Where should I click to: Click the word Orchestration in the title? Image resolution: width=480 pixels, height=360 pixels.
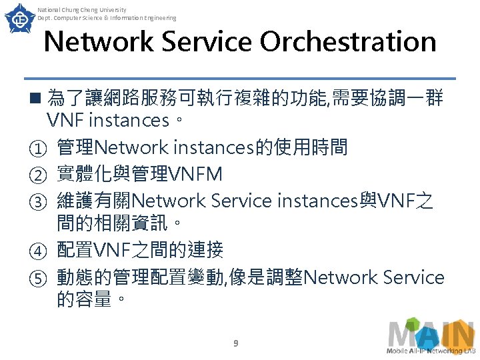(x=348, y=42)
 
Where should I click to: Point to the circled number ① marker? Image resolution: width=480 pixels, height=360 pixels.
(x=35, y=147)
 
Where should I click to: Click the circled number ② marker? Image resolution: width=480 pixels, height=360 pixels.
(x=35, y=175)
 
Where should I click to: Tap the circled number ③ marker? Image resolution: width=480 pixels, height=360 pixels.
(x=35, y=200)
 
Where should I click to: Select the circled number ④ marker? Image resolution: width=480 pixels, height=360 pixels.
(x=35, y=251)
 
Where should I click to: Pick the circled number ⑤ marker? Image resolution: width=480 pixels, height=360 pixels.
(x=35, y=277)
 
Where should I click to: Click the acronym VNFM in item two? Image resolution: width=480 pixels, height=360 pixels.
(x=197, y=174)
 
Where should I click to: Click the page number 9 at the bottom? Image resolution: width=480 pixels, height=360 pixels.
(x=235, y=344)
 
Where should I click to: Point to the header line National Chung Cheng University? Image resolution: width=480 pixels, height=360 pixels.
(x=82, y=10)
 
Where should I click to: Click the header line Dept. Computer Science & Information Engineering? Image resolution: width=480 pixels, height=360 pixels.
(x=107, y=18)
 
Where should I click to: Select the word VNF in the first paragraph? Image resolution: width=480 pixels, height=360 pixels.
(x=65, y=121)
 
